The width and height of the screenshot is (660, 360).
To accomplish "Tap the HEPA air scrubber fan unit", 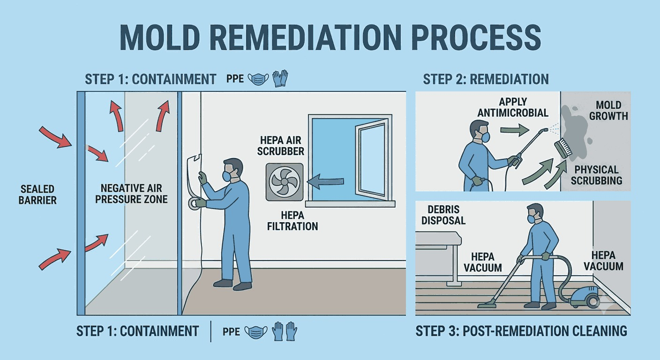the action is point(285,182).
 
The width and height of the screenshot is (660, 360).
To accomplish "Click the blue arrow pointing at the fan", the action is point(325,181).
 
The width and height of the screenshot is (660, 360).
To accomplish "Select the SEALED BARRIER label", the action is point(37,195).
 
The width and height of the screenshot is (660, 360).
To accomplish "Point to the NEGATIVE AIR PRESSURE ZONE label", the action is point(131,194).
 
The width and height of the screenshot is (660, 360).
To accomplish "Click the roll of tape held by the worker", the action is point(194,203).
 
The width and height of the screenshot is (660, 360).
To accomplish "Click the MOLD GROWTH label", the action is point(608,111).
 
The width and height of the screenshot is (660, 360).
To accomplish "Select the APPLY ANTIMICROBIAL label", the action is point(513,107).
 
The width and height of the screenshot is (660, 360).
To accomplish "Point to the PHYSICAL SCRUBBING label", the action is point(596,175).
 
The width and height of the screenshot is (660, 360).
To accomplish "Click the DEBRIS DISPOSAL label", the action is point(443,215).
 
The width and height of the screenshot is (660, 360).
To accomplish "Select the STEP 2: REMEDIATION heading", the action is point(486,79).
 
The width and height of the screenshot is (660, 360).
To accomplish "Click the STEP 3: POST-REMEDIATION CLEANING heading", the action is point(521,331).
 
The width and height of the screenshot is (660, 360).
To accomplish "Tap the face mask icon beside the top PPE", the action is point(258,79).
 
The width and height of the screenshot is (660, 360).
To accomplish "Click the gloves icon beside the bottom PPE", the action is point(284,331).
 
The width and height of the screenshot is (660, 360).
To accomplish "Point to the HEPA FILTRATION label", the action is point(292,221).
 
